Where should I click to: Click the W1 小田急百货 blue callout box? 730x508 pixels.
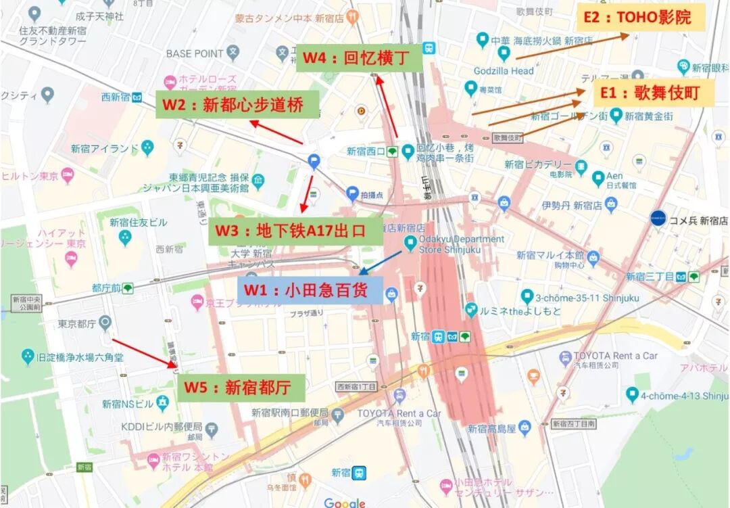tap(313, 291)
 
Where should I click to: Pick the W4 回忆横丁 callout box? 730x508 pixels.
tap(359, 57)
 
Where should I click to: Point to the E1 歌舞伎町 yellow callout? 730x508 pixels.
tap(652, 93)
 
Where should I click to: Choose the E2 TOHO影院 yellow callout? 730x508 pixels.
tap(641, 18)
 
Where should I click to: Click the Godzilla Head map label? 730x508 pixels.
tap(504, 70)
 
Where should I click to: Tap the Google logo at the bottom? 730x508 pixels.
tap(344, 502)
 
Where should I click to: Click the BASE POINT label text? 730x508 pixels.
tap(195, 53)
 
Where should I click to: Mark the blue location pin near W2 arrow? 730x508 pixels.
tap(314, 161)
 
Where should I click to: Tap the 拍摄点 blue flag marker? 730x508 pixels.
tap(351, 194)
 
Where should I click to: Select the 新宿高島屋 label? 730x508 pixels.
tap(492, 428)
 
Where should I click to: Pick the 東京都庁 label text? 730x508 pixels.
tap(75, 323)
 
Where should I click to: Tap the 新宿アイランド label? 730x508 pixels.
tap(105, 148)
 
